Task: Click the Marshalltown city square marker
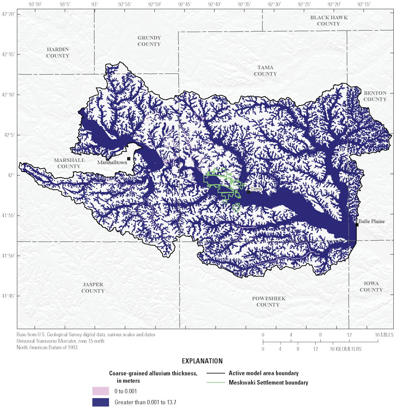(129, 159)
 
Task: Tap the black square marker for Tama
(249, 192)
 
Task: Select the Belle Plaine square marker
(357, 225)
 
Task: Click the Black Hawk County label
(329, 21)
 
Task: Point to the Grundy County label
(149, 41)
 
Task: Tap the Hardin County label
(58, 53)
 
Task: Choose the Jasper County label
(93, 288)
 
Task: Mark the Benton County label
(375, 96)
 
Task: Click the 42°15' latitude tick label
(8, 55)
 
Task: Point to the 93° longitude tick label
(95, 4)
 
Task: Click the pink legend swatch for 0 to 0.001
(101, 391)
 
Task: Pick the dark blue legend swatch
(101, 402)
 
